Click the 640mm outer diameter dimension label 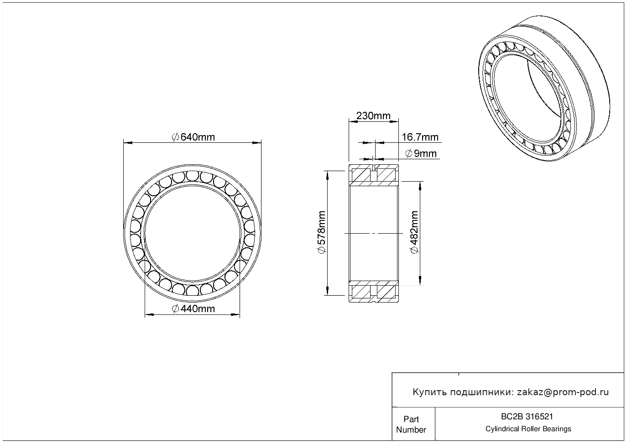193,137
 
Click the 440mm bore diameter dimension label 193,309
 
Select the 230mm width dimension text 373,115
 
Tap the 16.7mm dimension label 420,137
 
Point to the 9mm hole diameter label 421,154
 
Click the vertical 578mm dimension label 322,232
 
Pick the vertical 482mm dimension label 414,232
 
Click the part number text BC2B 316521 527,417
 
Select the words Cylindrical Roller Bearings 528,429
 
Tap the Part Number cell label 411,424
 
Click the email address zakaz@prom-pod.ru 563,392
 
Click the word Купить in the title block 430,392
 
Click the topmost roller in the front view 192,176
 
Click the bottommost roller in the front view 192,290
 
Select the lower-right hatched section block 386,292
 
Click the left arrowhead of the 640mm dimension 128,143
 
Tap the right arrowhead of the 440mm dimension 235,315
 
